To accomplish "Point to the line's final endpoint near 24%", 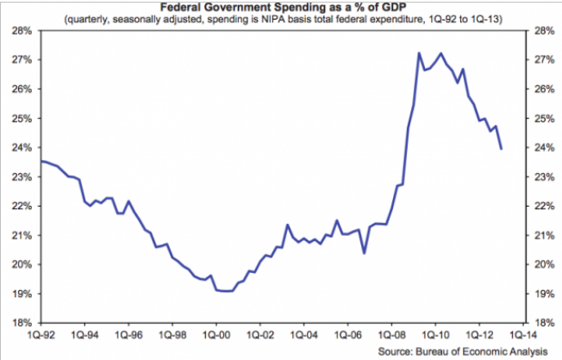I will (501, 148).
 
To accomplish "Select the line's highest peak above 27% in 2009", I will (419, 53).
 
